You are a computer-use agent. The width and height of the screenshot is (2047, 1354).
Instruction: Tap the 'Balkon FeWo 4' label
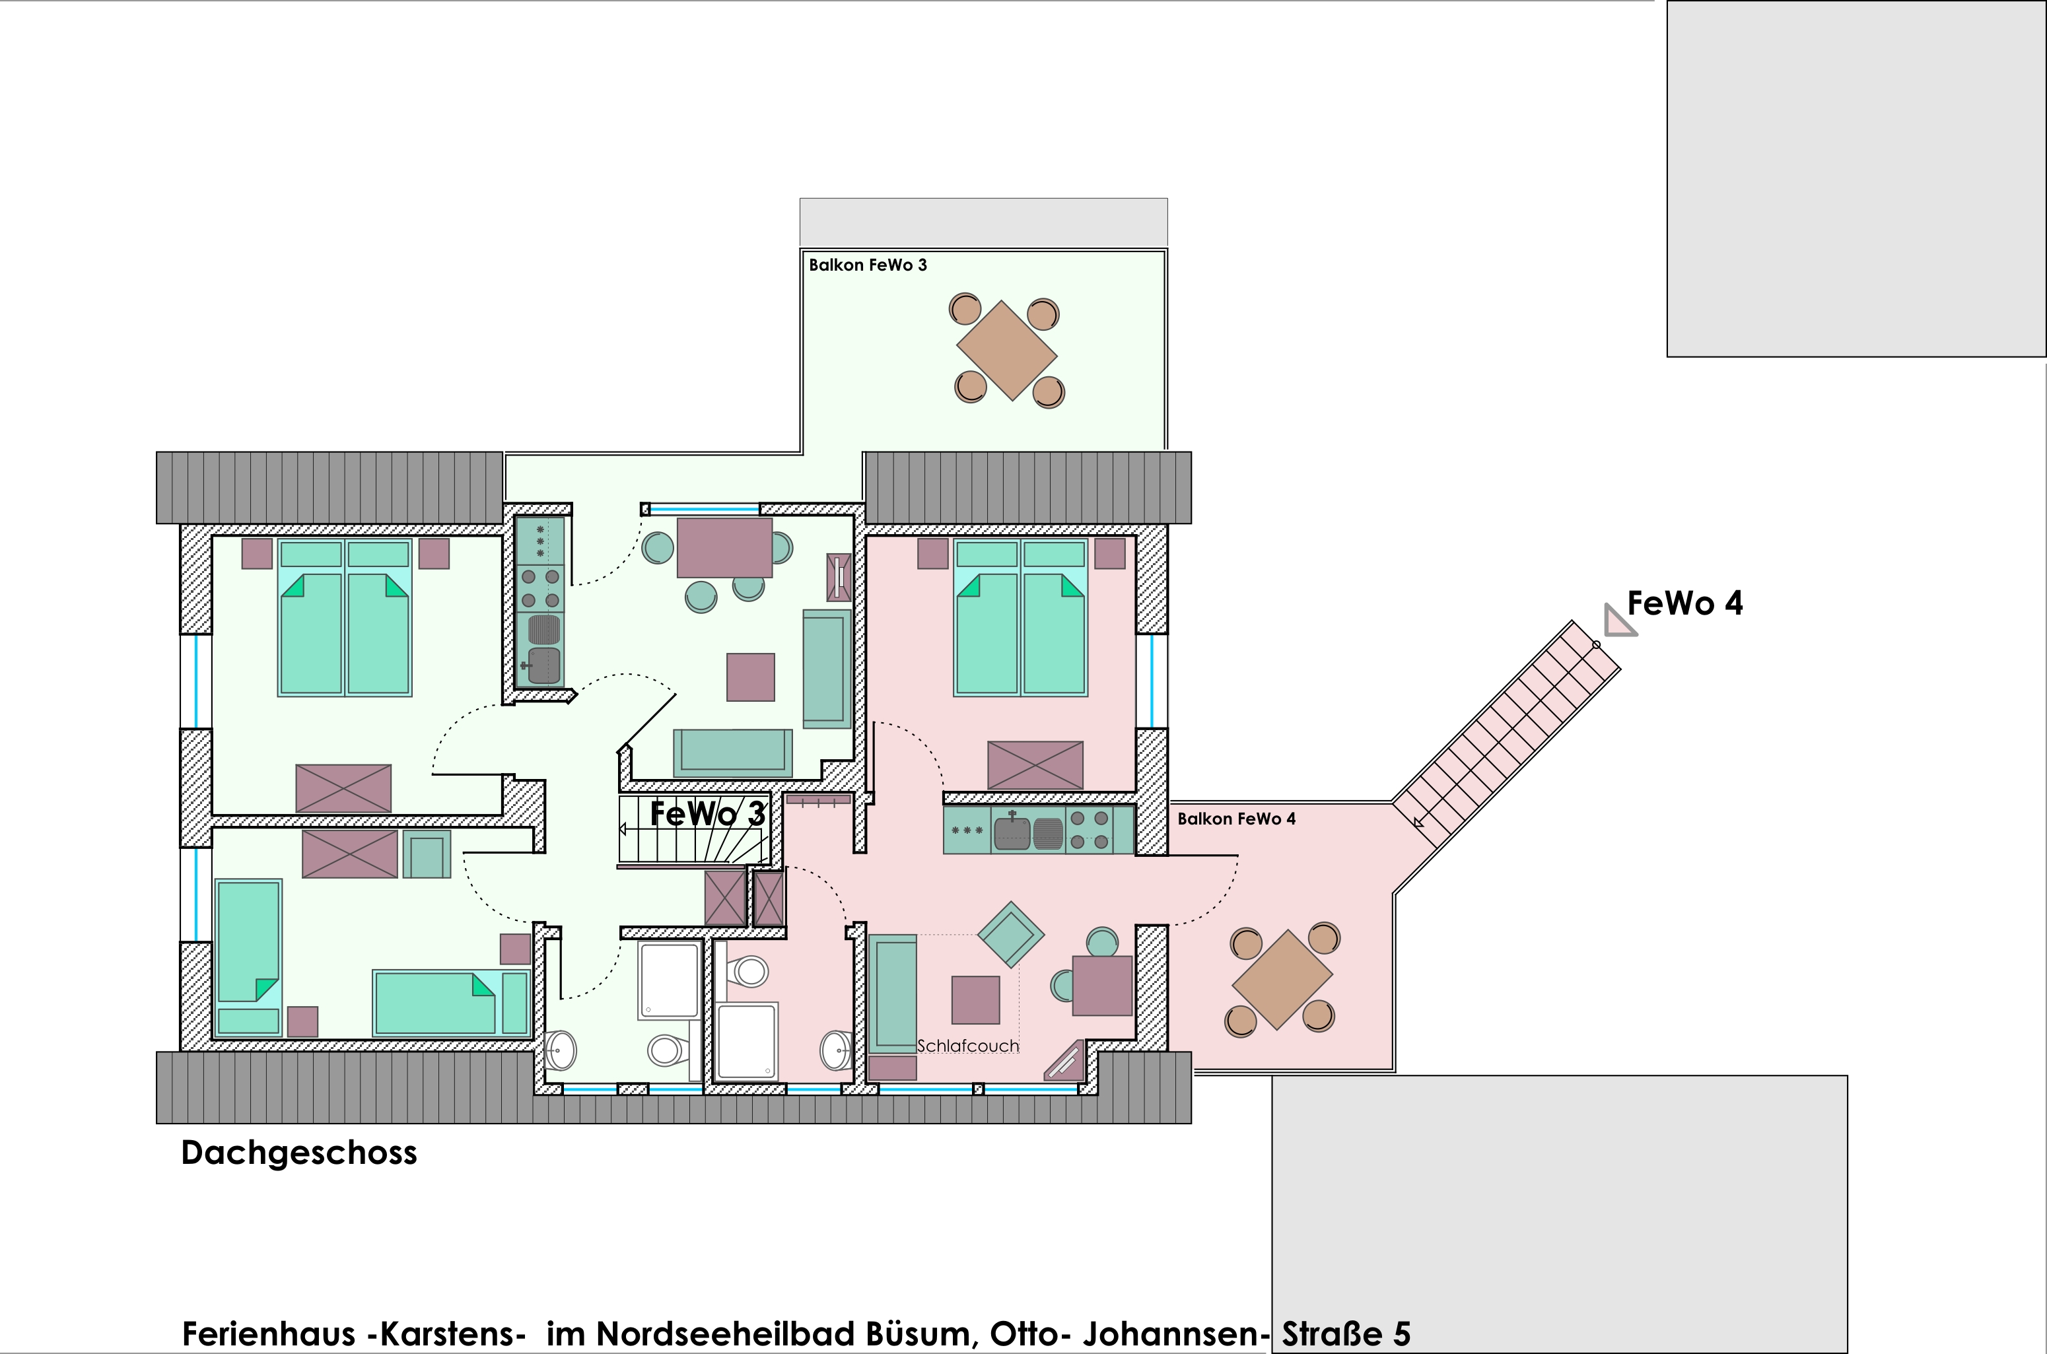point(1236,819)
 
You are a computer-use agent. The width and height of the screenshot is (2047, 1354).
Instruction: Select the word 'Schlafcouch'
point(967,1046)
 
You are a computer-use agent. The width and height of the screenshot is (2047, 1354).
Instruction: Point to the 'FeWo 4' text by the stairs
point(1684,603)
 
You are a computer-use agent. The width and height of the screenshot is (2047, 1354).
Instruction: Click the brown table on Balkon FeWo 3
point(1007,351)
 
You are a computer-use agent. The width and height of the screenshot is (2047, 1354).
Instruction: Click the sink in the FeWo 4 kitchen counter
point(1012,832)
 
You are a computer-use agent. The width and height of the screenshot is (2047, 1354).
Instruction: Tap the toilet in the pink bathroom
point(749,972)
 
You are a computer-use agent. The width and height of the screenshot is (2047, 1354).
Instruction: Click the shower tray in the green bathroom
point(668,980)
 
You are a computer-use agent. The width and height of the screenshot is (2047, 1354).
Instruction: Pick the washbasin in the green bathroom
point(561,1050)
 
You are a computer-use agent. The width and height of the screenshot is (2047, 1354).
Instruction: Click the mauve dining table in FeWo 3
point(724,547)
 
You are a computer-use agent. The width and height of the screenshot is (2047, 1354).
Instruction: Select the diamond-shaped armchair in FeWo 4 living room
point(1010,934)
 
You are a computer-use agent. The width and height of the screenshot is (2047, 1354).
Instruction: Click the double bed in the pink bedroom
point(1020,617)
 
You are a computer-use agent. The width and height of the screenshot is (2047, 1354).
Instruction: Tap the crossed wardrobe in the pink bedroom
point(1035,765)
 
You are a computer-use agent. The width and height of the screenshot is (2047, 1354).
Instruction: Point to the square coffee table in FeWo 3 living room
point(751,677)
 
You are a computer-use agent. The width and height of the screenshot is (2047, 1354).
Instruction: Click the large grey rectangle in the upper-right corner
point(1856,179)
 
